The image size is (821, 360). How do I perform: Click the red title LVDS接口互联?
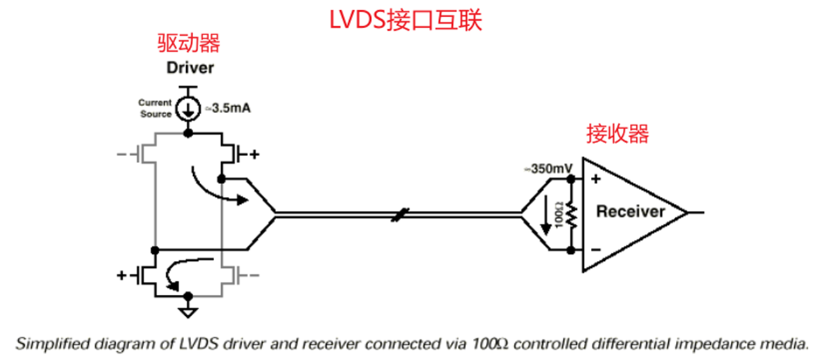tap(405, 20)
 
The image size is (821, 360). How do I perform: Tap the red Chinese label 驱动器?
tap(189, 43)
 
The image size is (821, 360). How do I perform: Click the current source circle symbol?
tap(187, 109)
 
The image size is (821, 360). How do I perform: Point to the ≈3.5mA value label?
tap(226, 109)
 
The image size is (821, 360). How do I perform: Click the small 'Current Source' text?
tap(155, 108)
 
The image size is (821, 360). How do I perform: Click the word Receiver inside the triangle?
tap(630, 212)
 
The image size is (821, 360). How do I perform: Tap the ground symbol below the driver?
tap(187, 313)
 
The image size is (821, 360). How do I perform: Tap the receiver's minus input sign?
tap(595, 250)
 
